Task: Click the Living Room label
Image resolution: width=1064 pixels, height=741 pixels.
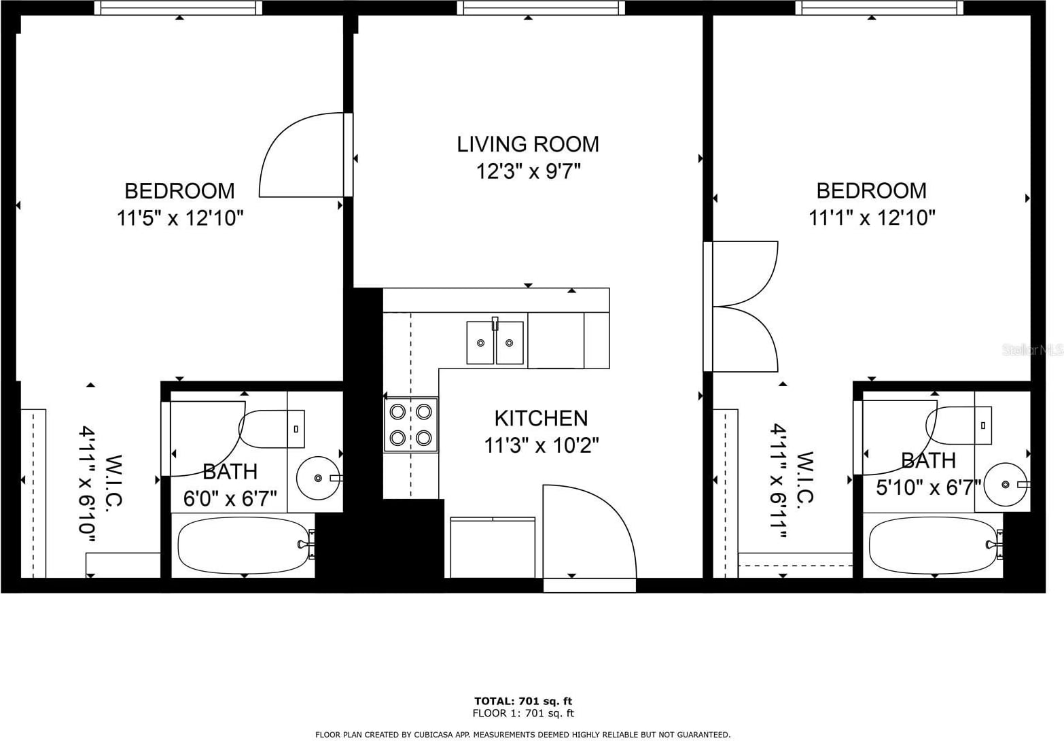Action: pos(528,145)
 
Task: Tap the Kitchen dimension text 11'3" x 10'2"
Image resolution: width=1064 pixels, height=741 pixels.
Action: pos(541,446)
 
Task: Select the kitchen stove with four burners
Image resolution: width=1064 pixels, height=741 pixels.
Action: pos(411,424)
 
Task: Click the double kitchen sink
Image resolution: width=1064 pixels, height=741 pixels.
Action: pos(495,342)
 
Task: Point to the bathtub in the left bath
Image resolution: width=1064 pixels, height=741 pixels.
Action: pos(243,546)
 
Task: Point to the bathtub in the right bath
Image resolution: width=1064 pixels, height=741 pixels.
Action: pos(935,545)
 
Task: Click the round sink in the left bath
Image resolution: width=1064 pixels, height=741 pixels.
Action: pos(318,478)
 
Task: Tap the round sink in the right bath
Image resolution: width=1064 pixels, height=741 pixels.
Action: pos(1006,484)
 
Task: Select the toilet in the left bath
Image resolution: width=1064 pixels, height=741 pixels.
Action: pos(272,429)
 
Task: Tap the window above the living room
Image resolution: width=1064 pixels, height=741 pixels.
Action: pos(541,7)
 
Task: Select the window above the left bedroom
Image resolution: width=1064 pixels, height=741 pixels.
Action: pos(178,7)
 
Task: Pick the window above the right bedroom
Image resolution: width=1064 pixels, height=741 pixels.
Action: pos(879,7)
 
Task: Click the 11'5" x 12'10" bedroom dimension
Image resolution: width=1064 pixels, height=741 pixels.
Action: pos(180,219)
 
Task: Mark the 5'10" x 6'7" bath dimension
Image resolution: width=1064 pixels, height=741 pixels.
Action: pos(929,487)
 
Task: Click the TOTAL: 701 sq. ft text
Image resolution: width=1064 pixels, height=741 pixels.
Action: pos(523,701)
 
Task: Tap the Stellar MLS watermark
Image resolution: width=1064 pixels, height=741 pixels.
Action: pos(1033,350)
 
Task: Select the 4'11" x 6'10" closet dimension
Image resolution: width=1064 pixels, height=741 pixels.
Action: pos(88,483)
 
